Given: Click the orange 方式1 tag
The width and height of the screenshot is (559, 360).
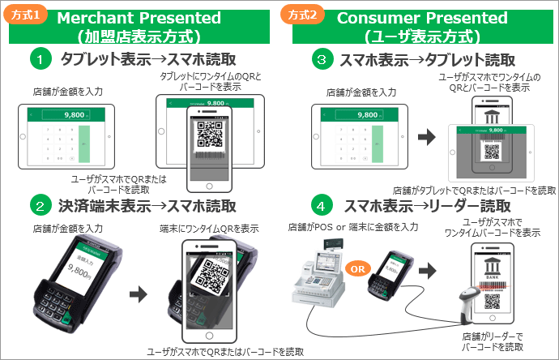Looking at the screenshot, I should coord(26,14).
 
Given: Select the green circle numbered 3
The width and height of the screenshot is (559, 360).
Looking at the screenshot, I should coord(322,60).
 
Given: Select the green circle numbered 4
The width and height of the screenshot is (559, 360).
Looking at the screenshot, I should coord(322,205).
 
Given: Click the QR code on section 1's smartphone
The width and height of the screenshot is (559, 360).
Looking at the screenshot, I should coord(209,135).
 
